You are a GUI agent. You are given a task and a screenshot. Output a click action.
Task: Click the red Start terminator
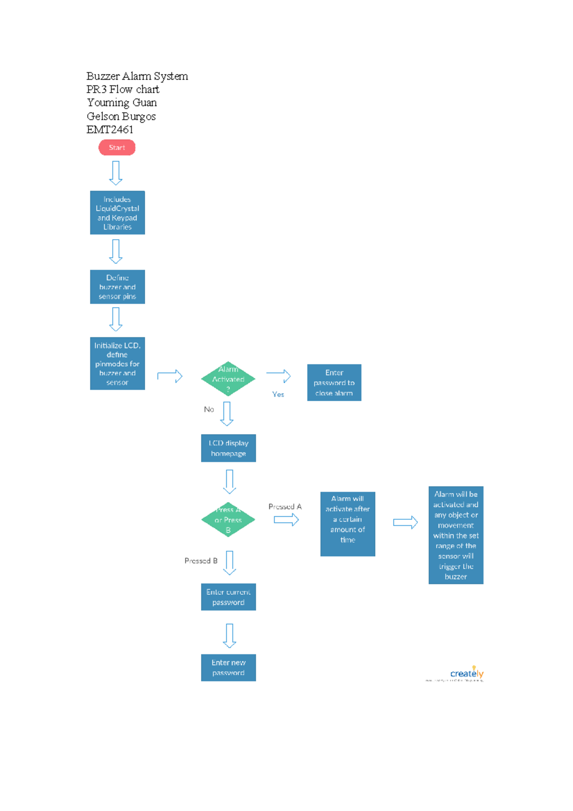(x=117, y=148)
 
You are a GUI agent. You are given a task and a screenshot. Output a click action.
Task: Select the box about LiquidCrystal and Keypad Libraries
(x=117, y=213)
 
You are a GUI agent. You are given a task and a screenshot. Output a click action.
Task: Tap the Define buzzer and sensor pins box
(x=117, y=287)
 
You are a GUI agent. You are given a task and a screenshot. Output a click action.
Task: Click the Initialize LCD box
(x=117, y=363)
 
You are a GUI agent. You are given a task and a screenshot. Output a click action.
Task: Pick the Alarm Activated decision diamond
(x=228, y=379)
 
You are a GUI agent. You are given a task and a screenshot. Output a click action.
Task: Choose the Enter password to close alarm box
(x=334, y=383)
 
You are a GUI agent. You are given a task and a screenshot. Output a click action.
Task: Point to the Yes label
(x=278, y=394)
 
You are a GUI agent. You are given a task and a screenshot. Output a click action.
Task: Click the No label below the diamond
(x=209, y=409)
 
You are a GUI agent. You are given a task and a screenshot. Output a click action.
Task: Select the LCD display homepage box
(x=228, y=448)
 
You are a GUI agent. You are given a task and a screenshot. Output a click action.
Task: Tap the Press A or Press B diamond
(x=228, y=520)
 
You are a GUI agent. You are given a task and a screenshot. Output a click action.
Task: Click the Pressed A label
(x=285, y=506)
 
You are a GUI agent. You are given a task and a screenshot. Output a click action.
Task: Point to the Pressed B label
(x=201, y=561)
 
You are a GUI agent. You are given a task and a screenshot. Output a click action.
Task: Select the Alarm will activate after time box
(x=348, y=524)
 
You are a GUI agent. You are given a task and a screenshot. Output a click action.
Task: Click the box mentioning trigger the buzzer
(x=456, y=535)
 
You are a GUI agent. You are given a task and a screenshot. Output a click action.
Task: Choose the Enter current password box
(x=228, y=597)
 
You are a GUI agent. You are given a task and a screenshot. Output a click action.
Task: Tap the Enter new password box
(x=228, y=668)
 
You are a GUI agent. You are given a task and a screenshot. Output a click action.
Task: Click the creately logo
(x=467, y=673)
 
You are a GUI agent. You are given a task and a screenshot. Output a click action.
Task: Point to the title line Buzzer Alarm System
(x=137, y=76)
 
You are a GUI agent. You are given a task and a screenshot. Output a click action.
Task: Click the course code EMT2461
(x=110, y=129)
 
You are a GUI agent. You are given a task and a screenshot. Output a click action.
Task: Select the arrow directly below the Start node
(x=116, y=173)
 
